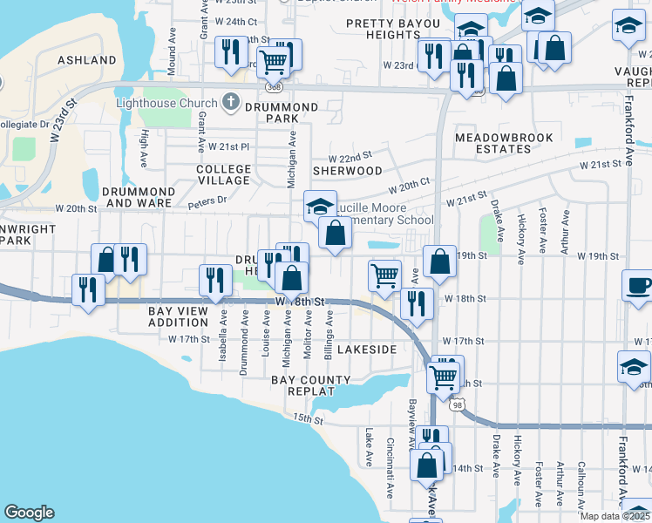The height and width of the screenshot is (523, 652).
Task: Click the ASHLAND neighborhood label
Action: pos(86,60)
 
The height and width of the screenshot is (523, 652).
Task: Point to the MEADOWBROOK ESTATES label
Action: pos(493,143)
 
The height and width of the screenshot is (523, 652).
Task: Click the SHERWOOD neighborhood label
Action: pos(348,171)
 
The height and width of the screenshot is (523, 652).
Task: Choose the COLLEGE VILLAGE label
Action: pos(223,174)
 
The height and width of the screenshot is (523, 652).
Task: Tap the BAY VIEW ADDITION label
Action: pos(178,316)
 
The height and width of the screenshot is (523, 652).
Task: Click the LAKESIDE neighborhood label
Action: pos(368,350)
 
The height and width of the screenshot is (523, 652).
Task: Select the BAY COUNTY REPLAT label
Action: pos(310,386)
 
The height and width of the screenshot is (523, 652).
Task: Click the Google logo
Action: pos(29,513)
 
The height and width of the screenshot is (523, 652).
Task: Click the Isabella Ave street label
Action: pos(223,331)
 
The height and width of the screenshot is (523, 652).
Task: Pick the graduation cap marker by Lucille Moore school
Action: pos(320,207)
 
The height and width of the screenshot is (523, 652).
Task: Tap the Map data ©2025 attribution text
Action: pos(615,516)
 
